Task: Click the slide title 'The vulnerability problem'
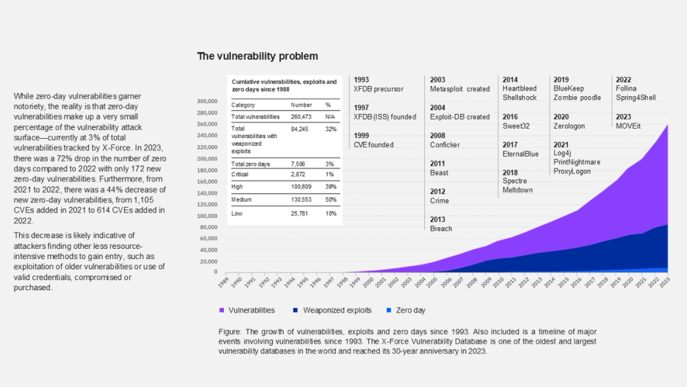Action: pyautogui.click(x=258, y=56)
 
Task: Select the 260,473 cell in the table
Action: pyautogui.click(x=302, y=117)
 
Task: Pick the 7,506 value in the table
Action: pyautogui.click(x=300, y=164)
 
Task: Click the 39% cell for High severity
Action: pyautogui.click(x=330, y=187)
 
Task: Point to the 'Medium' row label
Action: pyautogui.click(x=242, y=199)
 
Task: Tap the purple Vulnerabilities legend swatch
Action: pyautogui.click(x=222, y=310)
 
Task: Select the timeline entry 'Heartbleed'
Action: pyautogui.click(x=519, y=89)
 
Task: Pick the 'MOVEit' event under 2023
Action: pyautogui.click(x=629, y=126)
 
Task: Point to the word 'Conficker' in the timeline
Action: pyautogui.click(x=445, y=145)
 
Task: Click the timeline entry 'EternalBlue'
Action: pyautogui.click(x=521, y=154)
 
